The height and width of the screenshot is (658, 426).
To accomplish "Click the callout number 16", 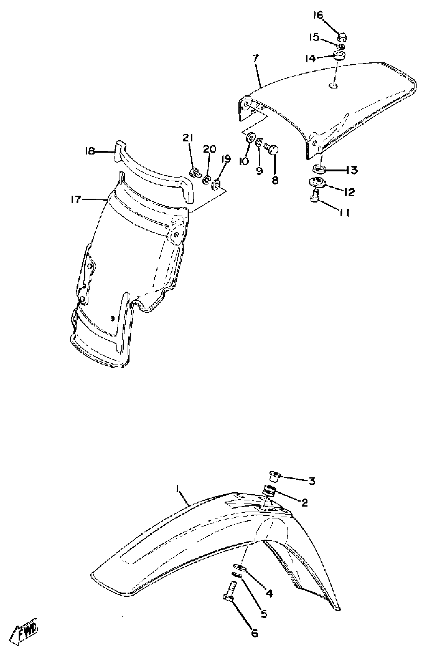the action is (318, 16).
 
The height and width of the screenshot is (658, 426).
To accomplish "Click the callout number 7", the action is (255, 59).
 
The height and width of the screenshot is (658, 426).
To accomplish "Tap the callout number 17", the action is (75, 199).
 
